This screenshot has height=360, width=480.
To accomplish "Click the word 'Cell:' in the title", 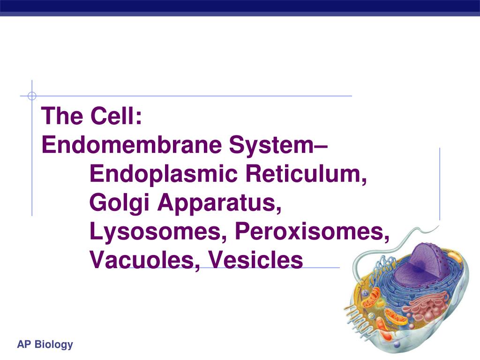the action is [x=116, y=116].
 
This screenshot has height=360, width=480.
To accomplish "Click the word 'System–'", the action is [x=278, y=145].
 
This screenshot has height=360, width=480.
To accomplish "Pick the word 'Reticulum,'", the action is [x=306, y=173].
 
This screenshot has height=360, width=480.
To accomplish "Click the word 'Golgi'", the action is [x=120, y=203].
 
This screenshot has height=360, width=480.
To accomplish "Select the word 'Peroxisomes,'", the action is [x=312, y=232].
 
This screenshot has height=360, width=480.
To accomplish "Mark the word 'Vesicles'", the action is [x=255, y=260].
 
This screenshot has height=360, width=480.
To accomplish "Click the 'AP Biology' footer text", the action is [x=45, y=345].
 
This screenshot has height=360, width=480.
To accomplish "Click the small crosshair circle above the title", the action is [x=32, y=96].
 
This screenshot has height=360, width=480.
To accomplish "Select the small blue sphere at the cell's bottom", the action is [x=397, y=345].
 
